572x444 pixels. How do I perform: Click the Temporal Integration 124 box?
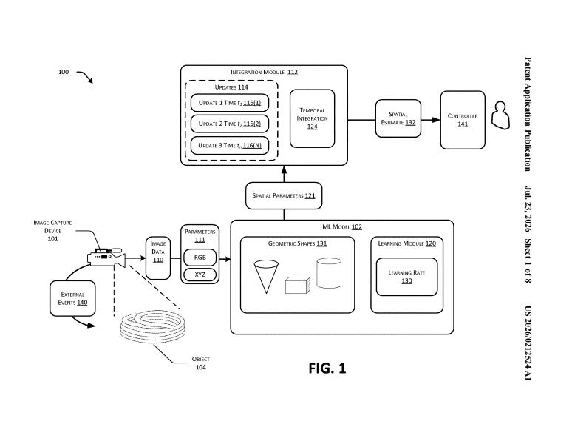click(x=312, y=118)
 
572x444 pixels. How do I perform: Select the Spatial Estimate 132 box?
click(x=398, y=118)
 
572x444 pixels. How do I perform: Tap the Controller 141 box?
click(x=463, y=120)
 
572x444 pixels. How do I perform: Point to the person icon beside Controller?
click(x=500, y=115)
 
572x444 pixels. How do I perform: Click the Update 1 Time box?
click(x=229, y=103)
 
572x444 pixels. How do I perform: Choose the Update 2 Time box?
click(x=229, y=124)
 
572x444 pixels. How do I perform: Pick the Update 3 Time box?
click(x=229, y=145)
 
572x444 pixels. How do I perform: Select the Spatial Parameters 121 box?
click(x=284, y=195)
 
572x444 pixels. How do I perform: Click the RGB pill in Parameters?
click(x=200, y=258)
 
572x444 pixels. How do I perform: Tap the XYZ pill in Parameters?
click(x=200, y=275)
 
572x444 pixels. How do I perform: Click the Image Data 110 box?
click(x=158, y=258)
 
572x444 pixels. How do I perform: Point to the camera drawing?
click(x=106, y=257)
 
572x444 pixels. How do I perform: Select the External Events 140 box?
click(x=72, y=298)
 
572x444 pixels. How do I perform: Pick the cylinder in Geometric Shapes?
click(x=329, y=273)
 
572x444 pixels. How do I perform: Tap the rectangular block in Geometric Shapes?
click(x=298, y=285)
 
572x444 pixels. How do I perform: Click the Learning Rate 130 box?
click(x=406, y=277)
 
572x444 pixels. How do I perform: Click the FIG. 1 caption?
click(x=327, y=368)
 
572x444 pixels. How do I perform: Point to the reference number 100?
click(x=64, y=72)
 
